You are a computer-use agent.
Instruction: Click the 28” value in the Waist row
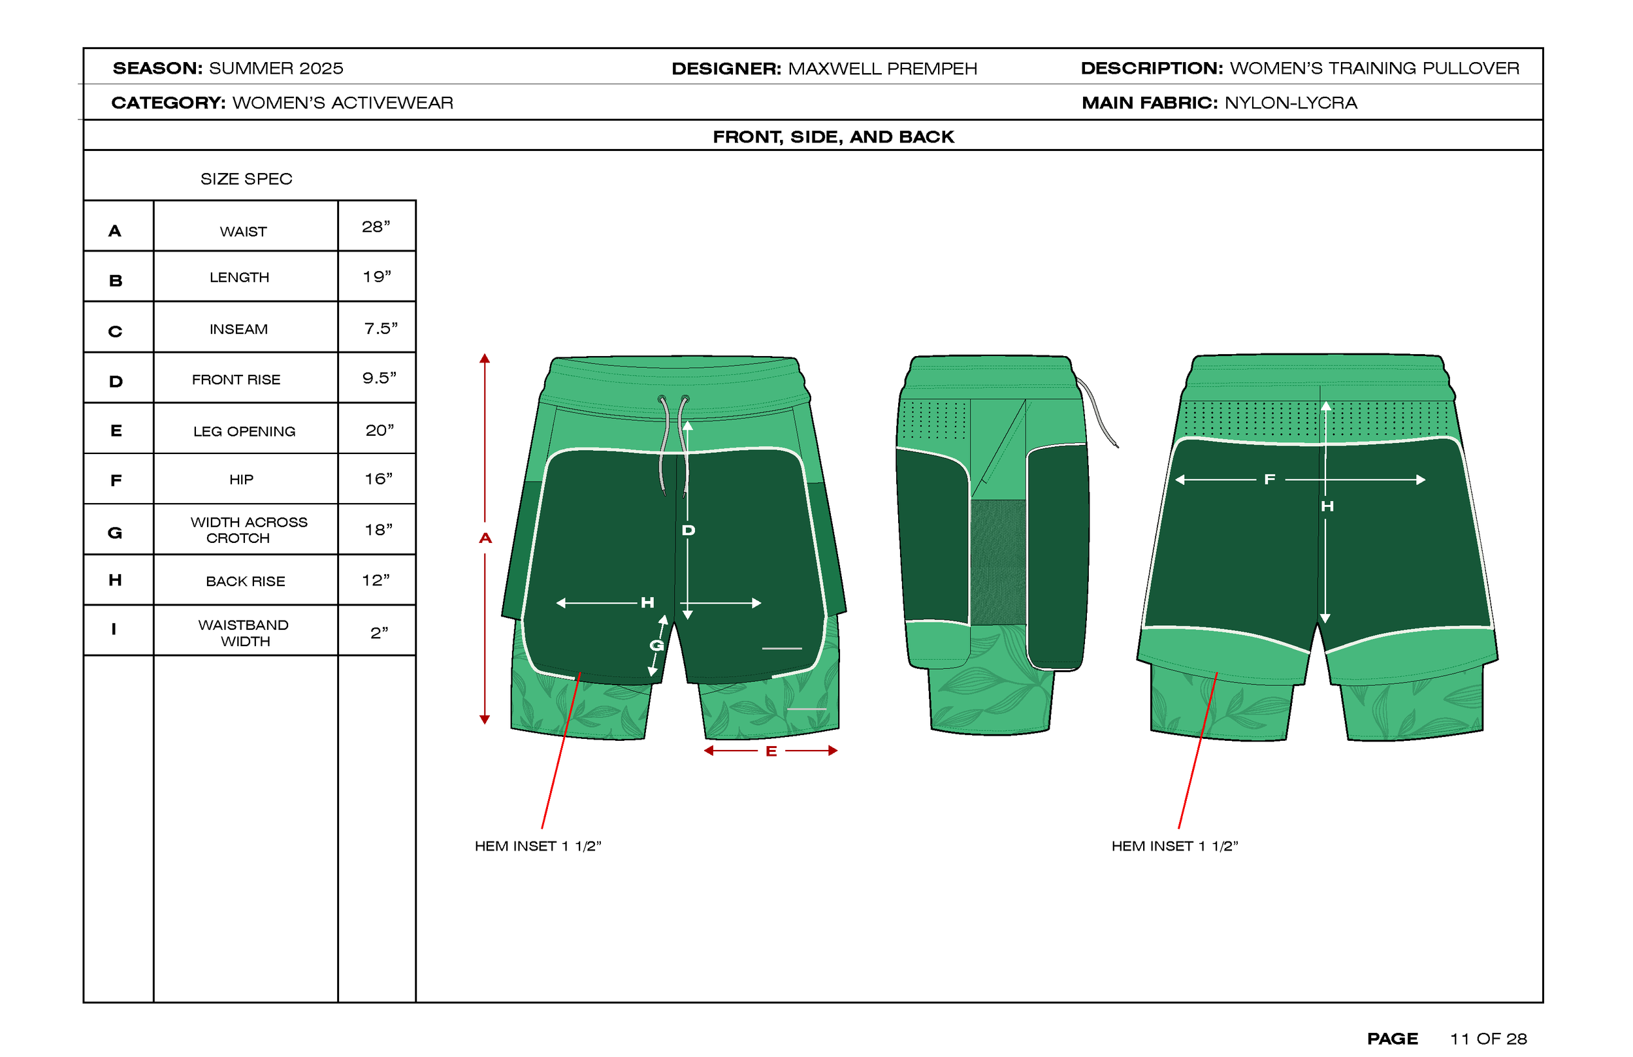point(376,227)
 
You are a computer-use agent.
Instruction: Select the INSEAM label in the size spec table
point(239,329)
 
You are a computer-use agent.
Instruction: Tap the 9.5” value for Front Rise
point(379,378)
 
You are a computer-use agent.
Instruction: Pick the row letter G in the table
point(115,532)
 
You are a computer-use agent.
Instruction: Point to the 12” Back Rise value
point(376,581)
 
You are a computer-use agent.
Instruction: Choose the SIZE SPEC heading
point(246,179)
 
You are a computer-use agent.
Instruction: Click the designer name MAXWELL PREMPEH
point(882,69)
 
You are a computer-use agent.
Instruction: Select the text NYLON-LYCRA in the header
point(1291,103)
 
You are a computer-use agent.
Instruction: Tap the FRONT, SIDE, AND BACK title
point(833,137)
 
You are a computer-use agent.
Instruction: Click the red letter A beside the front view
point(485,539)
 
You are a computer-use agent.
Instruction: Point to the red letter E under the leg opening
point(771,751)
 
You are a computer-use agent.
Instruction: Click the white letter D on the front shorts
point(688,530)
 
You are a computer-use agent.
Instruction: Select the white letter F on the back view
point(1269,480)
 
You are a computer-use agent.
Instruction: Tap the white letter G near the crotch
point(656,645)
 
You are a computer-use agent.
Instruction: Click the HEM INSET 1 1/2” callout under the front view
point(538,846)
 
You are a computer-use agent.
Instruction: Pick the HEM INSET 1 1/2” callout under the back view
point(1174,846)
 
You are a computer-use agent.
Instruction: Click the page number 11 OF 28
point(1487,1039)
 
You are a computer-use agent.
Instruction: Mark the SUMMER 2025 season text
point(276,69)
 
